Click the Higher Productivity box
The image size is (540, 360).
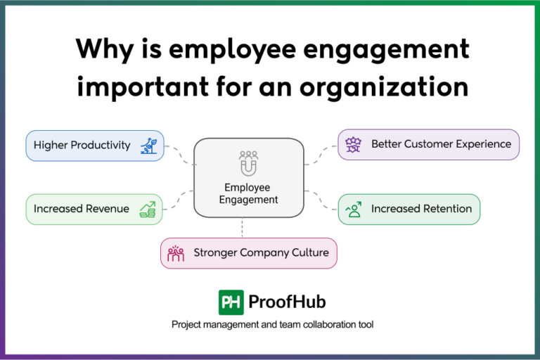pos(95,146)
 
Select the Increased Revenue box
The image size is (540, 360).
pos(95,209)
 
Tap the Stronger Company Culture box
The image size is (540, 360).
pos(249,252)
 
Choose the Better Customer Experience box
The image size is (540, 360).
pos(429,144)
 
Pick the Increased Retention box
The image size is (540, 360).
pos(409,209)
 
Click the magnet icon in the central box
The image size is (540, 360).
pos(248,163)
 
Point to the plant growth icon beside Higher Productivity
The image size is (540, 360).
pos(149,146)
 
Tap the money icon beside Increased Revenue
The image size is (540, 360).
pos(148,209)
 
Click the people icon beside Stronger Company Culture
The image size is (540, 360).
pos(176,252)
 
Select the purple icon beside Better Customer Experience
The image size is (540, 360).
pos(353,145)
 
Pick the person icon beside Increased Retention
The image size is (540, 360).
pos(354,209)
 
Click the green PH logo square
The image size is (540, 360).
pos(231,302)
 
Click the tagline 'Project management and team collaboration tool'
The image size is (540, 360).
pos(272,325)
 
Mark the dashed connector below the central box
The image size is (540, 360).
pos(242,227)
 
